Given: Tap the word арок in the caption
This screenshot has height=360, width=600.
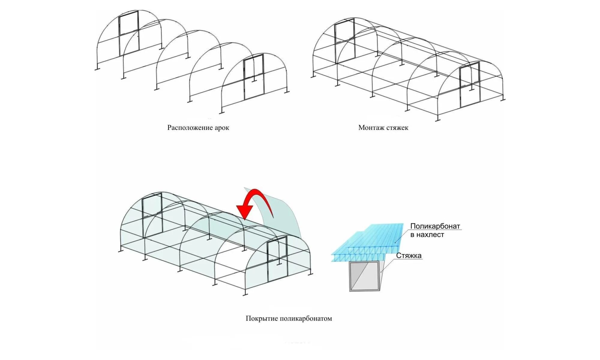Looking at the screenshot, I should point(222,128).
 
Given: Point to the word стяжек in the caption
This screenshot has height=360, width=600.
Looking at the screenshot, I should point(397,128).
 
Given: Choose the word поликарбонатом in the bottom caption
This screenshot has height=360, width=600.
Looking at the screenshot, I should point(306,319).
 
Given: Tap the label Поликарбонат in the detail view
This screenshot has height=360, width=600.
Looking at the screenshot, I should point(435,226).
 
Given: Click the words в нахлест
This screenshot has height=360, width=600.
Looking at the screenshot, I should point(427,235).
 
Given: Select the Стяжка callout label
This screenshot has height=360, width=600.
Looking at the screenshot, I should point(409,256).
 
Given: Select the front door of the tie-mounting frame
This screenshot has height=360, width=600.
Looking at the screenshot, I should point(469,85).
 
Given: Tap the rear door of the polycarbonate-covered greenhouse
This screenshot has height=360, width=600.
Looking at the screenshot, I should point(152,213).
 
